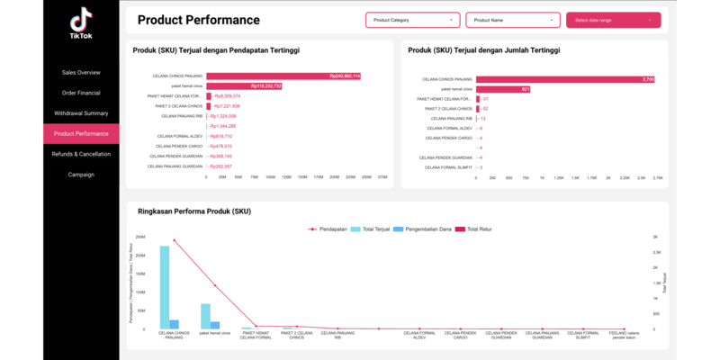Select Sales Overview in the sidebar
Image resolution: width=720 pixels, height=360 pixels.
81,72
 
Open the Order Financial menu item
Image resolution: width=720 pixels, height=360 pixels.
81,93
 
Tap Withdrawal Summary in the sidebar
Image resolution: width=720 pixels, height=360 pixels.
81,113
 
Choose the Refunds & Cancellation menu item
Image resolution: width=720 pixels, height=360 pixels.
81,154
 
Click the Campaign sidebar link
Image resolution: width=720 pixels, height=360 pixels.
81,175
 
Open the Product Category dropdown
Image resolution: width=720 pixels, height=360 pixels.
412,20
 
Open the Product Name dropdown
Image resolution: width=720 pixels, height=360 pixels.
513,20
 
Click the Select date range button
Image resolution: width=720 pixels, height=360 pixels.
613,20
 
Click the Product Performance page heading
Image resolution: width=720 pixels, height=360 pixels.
198,20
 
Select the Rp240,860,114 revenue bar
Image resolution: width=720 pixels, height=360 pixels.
283,76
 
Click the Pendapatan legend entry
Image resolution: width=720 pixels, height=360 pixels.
330,229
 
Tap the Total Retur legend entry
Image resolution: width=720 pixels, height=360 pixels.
481,229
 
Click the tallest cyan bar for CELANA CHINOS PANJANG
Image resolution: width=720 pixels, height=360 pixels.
165,287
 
